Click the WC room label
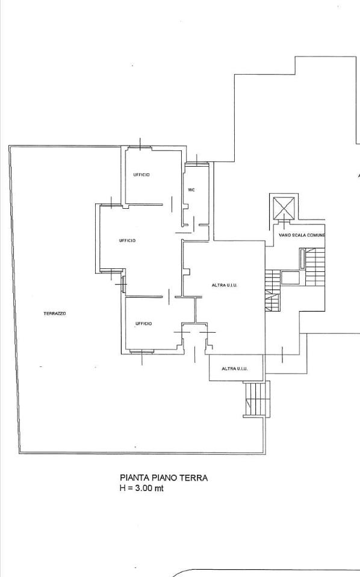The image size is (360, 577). click(x=191, y=190)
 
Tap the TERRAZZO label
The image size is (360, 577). click(x=55, y=313)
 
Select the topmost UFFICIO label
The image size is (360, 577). click(x=141, y=175)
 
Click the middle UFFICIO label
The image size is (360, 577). click(x=128, y=240)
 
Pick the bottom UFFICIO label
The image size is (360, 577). click(x=143, y=324)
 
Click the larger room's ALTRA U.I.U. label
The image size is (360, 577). click(x=224, y=285)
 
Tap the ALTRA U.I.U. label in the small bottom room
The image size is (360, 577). click(x=234, y=368)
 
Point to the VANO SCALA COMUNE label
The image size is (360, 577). click(x=302, y=235)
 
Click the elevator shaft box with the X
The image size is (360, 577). click(x=284, y=208)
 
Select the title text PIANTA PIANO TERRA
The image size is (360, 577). click(x=164, y=478)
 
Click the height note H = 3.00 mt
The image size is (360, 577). click(x=141, y=489)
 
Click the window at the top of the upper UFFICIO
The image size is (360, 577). click(x=140, y=148)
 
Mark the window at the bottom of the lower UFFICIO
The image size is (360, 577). click(x=141, y=352)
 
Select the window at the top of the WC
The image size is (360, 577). click(x=197, y=164)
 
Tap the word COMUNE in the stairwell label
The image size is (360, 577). click(x=316, y=235)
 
